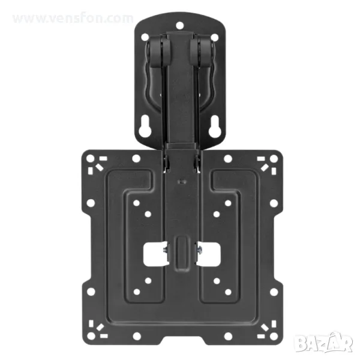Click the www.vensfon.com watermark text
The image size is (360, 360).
[x=73, y=19]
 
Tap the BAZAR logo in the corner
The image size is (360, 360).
[x=324, y=343]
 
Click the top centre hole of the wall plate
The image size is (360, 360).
[x=180, y=25]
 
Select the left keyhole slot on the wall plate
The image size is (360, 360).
[x=145, y=127]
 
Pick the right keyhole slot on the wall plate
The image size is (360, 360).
[x=215, y=127]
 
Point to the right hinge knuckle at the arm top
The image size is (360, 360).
[x=202, y=51]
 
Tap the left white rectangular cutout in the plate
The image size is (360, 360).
[x=154, y=254]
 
